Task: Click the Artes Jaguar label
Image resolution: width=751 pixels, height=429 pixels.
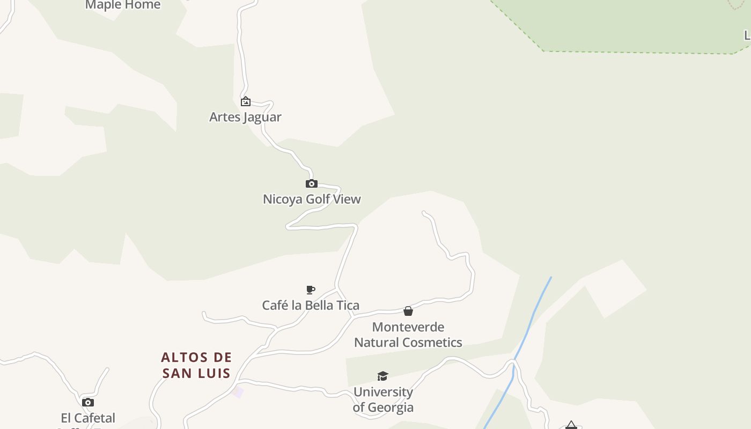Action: pyautogui.click(x=245, y=117)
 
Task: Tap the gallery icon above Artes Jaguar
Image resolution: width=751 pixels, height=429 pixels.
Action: pyautogui.click(x=245, y=101)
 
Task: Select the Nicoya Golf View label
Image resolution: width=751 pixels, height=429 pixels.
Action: pyautogui.click(x=312, y=199)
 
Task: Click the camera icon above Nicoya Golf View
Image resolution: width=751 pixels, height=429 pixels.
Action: pyautogui.click(x=311, y=184)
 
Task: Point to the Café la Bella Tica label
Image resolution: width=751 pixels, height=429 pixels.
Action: pyautogui.click(x=311, y=305)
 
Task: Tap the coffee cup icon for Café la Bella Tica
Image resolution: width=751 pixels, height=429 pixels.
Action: pyautogui.click(x=310, y=290)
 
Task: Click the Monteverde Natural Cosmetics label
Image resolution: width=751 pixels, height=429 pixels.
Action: pyautogui.click(x=408, y=335)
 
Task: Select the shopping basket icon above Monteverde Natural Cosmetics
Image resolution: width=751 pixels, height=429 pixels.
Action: pyautogui.click(x=408, y=311)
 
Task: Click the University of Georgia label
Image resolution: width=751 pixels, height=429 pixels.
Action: pyautogui.click(x=383, y=400)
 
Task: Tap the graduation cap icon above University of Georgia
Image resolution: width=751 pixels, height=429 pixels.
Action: pyautogui.click(x=382, y=376)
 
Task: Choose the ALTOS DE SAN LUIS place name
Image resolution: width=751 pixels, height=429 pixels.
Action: pyautogui.click(x=196, y=365)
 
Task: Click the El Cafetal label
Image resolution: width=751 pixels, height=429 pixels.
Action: pyautogui.click(x=88, y=418)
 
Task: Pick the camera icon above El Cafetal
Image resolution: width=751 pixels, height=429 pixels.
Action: pyautogui.click(x=88, y=403)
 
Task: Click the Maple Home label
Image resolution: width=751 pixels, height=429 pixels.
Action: pyautogui.click(x=123, y=5)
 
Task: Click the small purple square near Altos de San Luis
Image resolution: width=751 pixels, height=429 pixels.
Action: pyautogui.click(x=238, y=393)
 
